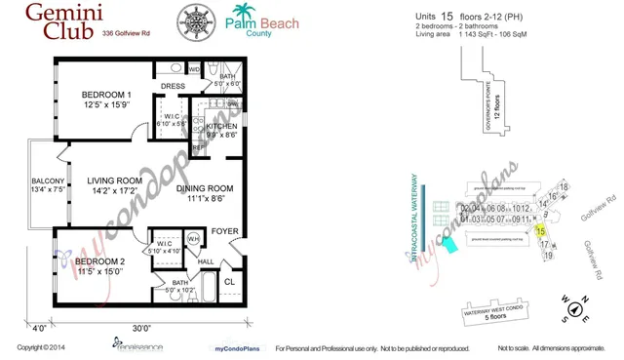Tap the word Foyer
tap(226, 231)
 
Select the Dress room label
tap(173, 86)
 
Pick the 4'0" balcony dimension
tap(38, 328)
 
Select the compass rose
tap(575, 309)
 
